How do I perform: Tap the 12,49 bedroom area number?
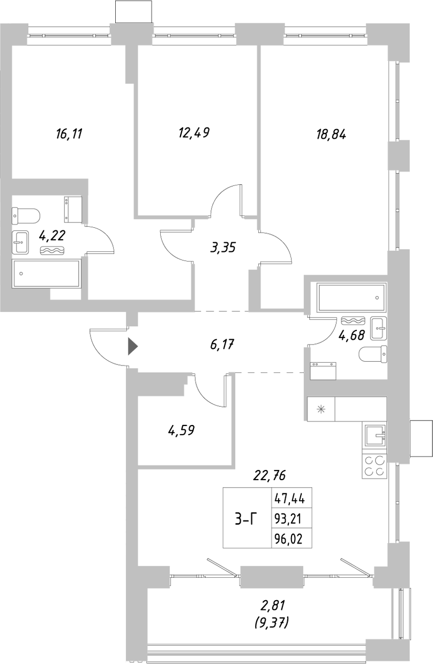(x=193, y=132)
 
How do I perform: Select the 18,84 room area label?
(x=331, y=135)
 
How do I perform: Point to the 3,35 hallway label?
(x=223, y=248)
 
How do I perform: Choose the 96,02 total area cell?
(x=289, y=539)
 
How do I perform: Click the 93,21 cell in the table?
(x=289, y=519)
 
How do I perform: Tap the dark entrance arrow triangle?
(x=132, y=347)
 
